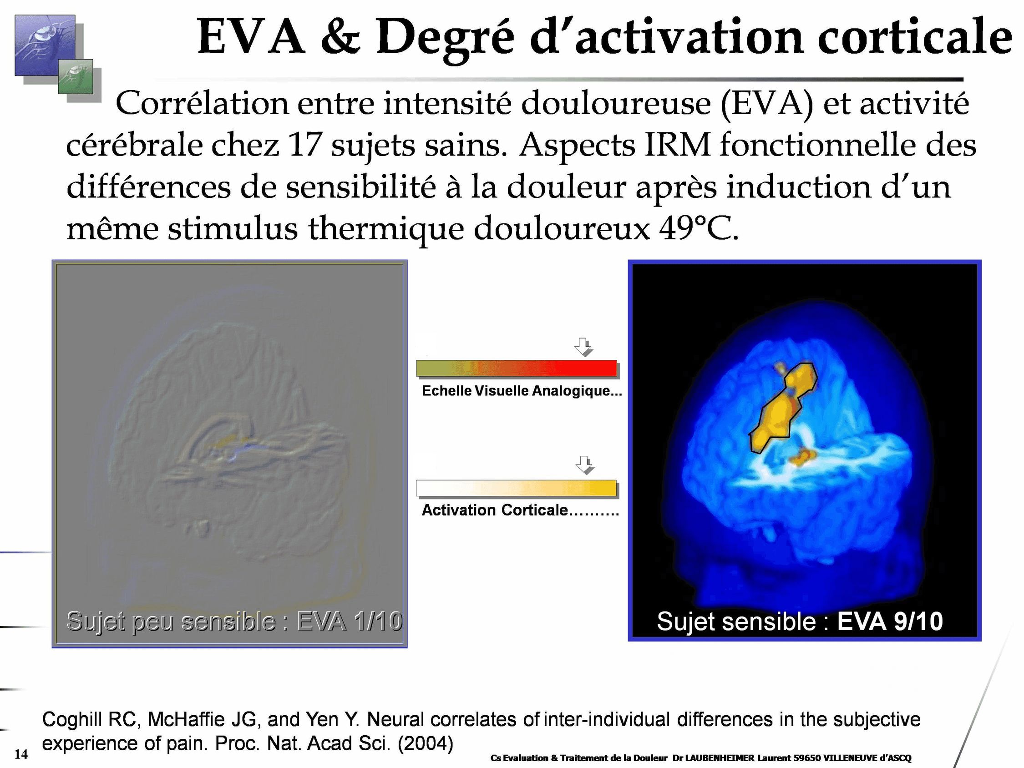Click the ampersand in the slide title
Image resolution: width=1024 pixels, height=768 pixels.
point(340,37)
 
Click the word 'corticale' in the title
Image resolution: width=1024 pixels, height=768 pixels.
point(915,37)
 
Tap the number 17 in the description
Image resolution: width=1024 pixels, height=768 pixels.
point(304,145)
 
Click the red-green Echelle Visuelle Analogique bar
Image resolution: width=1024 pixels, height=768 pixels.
point(516,369)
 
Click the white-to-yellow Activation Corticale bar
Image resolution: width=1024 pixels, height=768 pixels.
point(516,488)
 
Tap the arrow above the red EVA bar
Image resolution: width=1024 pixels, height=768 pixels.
point(584,347)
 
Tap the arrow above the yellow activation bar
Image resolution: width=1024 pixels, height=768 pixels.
point(584,465)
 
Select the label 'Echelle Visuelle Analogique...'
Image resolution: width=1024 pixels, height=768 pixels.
point(522,391)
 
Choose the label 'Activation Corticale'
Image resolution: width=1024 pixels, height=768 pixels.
point(494,510)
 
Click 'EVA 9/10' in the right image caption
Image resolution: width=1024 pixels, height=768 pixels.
point(889,621)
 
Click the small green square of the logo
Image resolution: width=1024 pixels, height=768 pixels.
point(75,76)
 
